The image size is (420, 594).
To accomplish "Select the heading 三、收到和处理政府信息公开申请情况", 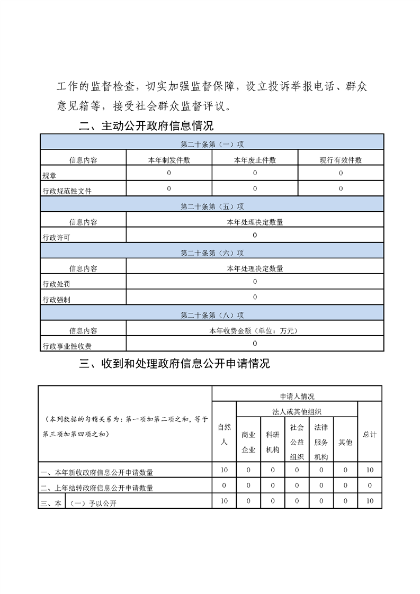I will tap(174, 364).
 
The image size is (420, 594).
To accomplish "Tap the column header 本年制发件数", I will tap(169, 160).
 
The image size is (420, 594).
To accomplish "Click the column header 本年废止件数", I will tap(255, 160).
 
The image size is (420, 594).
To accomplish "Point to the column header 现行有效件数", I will tap(341, 160).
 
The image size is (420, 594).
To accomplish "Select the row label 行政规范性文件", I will tap(67, 191).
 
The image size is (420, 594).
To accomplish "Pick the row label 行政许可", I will tap(56, 237).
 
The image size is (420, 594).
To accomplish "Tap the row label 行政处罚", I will tap(56, 284).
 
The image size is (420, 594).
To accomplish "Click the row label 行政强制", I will tap(56, 299).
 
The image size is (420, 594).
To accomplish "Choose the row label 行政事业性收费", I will tap(67, 346).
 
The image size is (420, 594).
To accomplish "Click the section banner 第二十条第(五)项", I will tap(212, 206).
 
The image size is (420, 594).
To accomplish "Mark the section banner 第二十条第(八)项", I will tap(212, 315).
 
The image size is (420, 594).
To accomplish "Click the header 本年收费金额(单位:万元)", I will tap(255, 331).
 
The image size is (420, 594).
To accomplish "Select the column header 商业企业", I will tap(248, 442).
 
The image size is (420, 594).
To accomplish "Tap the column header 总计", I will tap(370, 434).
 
